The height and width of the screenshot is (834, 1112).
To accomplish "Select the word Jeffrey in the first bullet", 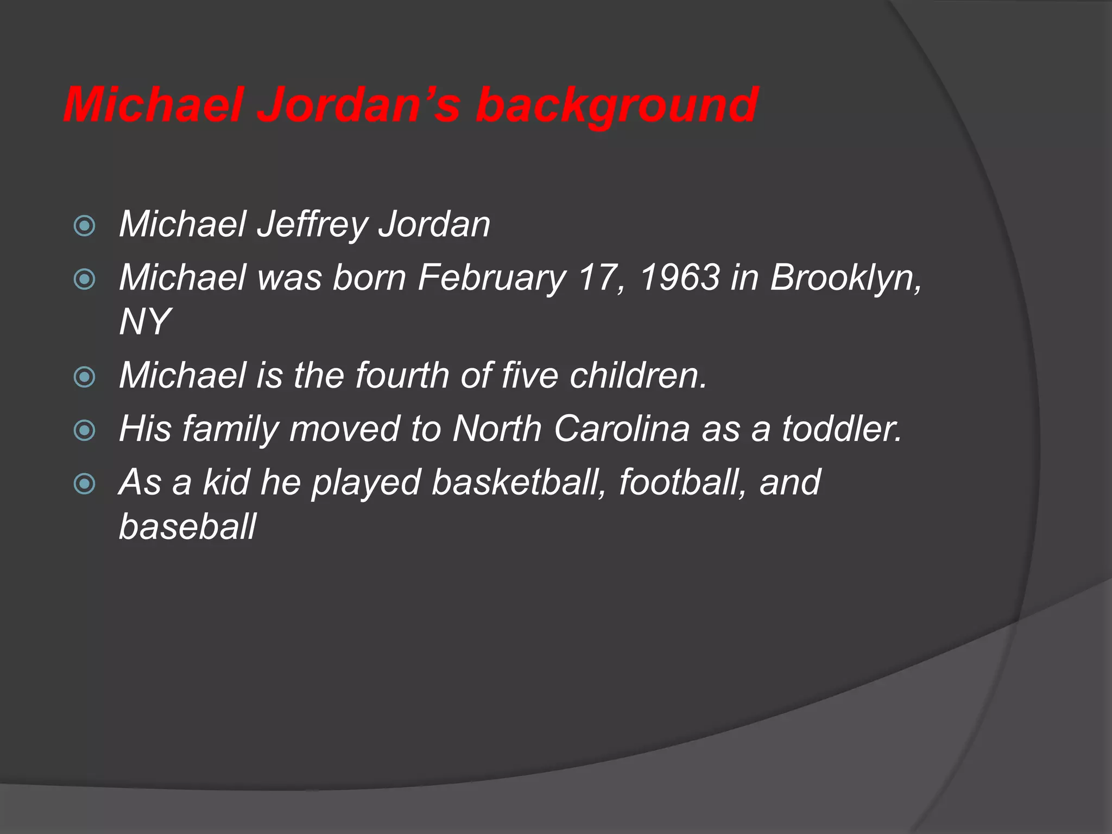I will coord(312,224).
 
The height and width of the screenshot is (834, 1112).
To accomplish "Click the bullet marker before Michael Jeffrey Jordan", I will coord(84,226).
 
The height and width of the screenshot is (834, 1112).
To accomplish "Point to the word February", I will coord(492,278).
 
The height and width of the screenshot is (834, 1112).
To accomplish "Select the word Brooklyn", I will coord(846,278).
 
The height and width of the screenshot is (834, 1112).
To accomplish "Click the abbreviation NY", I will coord(144,321).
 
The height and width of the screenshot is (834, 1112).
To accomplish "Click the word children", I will coord(638,375).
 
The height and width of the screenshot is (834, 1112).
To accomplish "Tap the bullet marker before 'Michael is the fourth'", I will coord(84,377).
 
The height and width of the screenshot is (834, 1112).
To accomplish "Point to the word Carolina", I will coord(622,428).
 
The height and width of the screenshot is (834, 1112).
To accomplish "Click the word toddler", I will coord(842,428).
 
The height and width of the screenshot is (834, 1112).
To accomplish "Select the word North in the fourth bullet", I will coord(497,428).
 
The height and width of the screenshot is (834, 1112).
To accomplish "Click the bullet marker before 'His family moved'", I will coord(84,431).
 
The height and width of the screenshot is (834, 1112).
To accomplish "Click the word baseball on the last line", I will coord(187,527).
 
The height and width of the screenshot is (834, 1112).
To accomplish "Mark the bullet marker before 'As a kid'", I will coord(84,484).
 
